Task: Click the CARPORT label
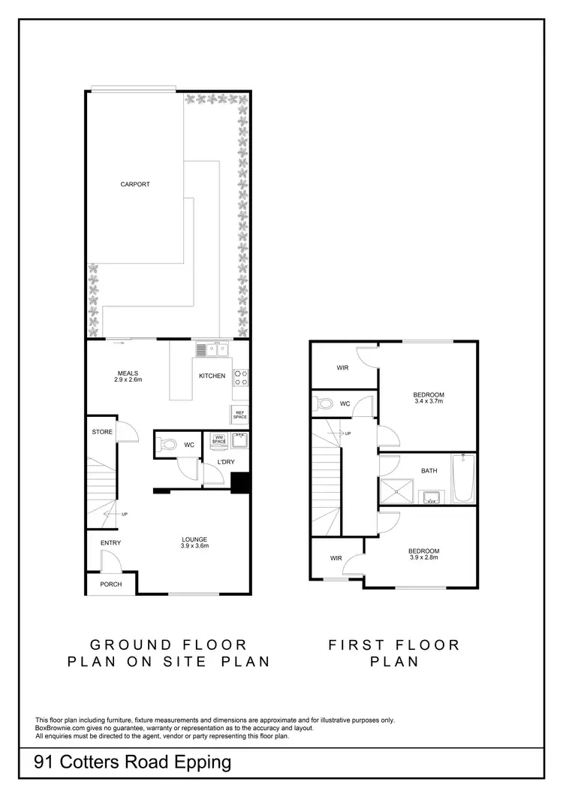[x=135, y=184]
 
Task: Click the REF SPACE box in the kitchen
[x=240, y=414]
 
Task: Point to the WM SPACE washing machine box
[x=219, y=439]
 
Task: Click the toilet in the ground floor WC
[x=169, y=445]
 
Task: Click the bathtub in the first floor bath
[x=462, y=479]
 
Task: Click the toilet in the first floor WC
[x=326, y=403]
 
